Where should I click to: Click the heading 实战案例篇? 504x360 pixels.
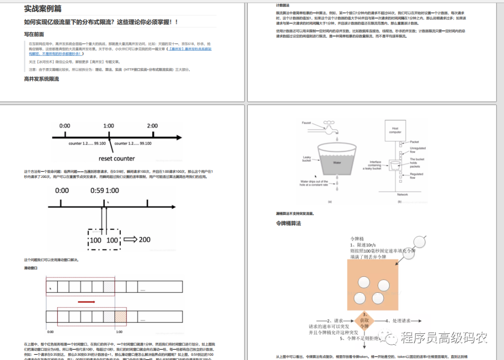point(42,9)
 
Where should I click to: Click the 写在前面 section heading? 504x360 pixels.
point(34,34)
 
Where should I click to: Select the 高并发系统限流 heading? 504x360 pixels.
point(42,79)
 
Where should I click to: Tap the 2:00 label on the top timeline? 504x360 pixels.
point(152,126)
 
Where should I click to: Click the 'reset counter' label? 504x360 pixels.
point(116,158)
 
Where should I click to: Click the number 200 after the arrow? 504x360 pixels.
point(144,240)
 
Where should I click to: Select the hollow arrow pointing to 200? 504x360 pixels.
point(130,240)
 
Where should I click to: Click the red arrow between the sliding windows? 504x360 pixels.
point(86,302)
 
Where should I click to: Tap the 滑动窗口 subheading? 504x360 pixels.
point(30,268)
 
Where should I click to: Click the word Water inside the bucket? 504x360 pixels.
point(337,163)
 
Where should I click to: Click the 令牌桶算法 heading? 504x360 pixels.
point(288,224)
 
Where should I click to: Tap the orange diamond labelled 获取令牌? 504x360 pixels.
point(365,321)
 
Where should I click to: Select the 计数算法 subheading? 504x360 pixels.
point(283,5)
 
